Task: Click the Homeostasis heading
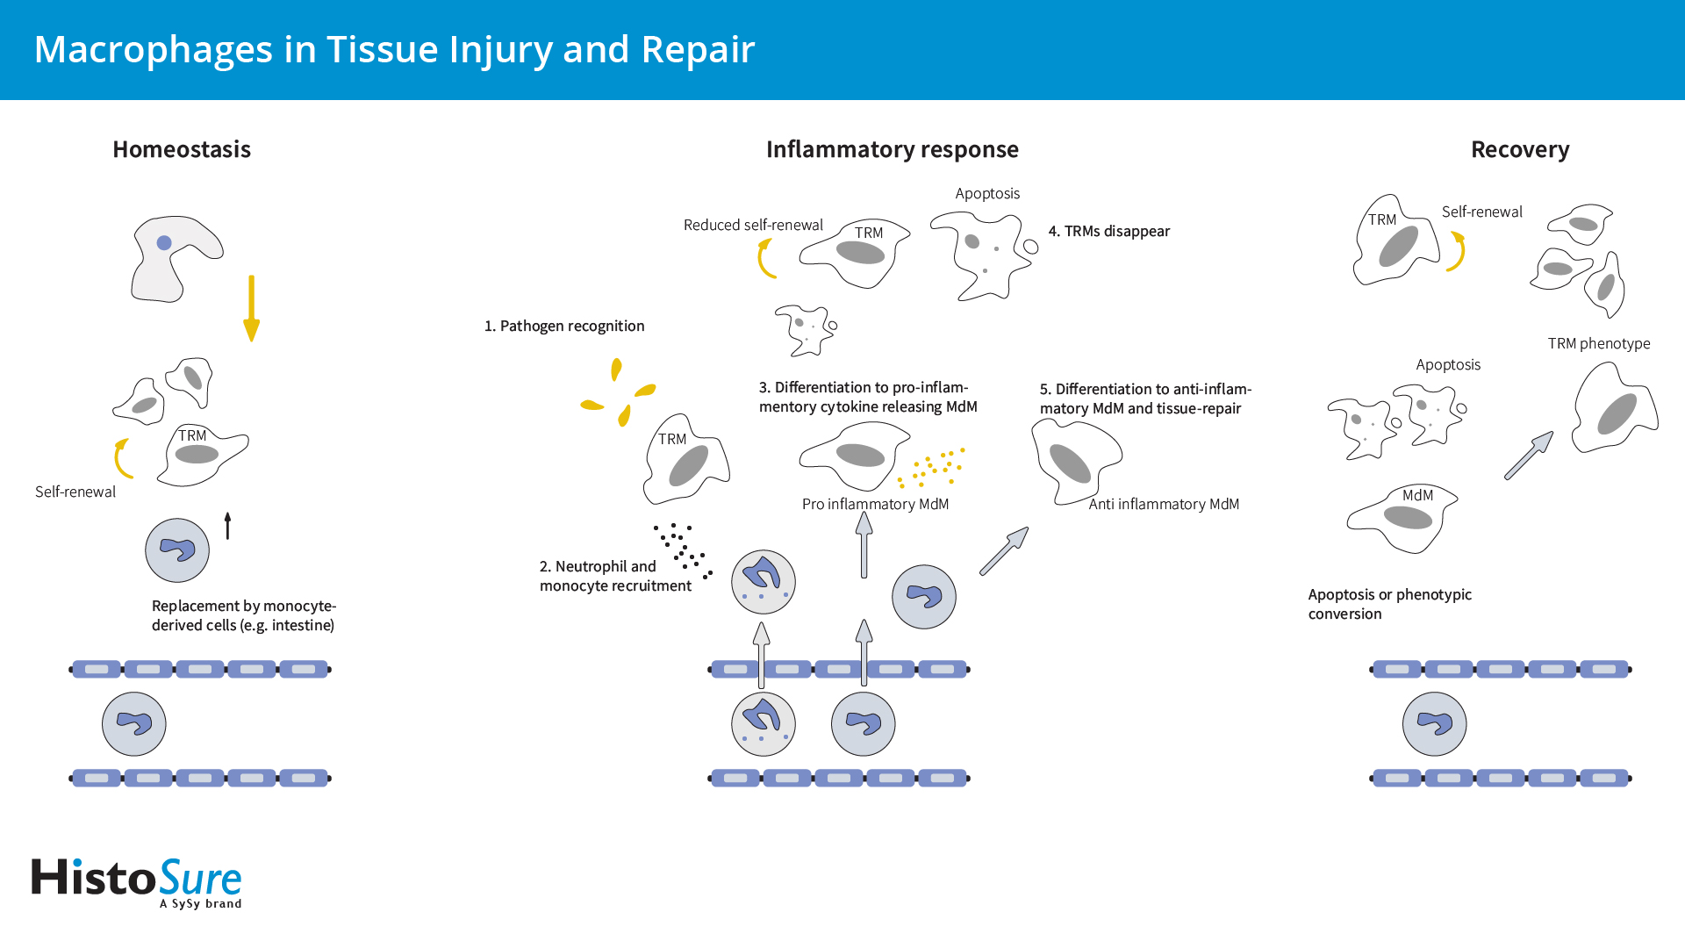pos(182,149)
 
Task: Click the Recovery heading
pos(1520,149)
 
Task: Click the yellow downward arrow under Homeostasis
pos(251,307)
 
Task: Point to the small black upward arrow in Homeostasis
pos(227,525)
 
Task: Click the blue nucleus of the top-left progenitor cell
pos(164,243)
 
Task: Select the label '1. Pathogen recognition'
pos(564,326)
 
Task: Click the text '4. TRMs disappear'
pos(1108,231)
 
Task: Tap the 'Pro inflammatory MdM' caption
pos(875,504)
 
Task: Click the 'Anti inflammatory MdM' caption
pos(1164,504)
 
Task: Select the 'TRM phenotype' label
pos(1598,343)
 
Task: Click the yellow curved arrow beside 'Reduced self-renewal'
pos(766,259)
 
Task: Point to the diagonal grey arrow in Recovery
pos(1528,456)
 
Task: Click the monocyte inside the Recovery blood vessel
pos(1434,724)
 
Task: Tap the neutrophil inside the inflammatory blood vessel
pos(763,724)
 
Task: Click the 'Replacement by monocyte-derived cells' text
pos(243,615)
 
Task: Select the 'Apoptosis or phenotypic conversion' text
pos(1389,604)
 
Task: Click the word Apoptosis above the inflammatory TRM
pos(987,193)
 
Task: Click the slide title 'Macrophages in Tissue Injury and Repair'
pos(394,49)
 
